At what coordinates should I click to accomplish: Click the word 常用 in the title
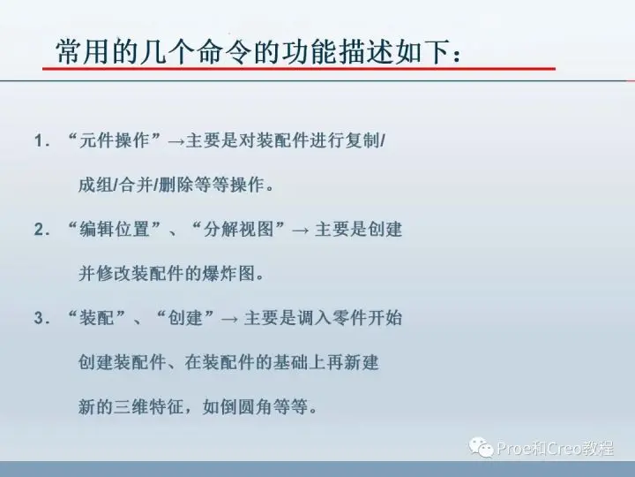(84, 52)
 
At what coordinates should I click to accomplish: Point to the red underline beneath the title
(299, 69)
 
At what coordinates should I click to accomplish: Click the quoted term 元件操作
(115, 140)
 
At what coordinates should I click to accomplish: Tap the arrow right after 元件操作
(176, 142)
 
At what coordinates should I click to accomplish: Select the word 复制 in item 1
(362, 140)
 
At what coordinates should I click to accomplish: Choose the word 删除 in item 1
(176, 185)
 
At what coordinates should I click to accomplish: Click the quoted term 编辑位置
(115, 229)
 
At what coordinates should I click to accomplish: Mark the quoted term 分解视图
(238, 229)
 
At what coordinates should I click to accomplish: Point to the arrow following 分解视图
(300, 231)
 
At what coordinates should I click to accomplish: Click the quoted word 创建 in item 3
(185, 318)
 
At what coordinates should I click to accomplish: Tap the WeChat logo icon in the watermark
(481, 447)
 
